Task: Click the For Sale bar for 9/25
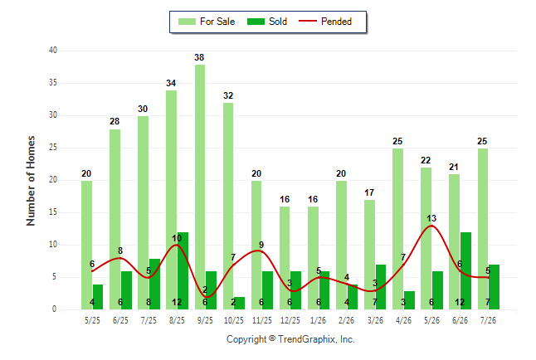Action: pos(200,187)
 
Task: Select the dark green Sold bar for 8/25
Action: pos(183,270)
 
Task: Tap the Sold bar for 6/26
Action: pos(465,270)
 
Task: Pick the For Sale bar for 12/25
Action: pos(285,258)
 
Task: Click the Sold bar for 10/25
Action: pos(239,304)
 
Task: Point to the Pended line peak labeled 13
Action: pos(431,226)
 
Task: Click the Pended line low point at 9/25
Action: pos(206,297)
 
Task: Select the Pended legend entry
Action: pos(325,22)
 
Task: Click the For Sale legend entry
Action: pos(207,22)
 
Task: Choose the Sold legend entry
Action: pos(267,22)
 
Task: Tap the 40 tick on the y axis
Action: pos(53,51)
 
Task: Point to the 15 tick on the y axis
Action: pos(53,212)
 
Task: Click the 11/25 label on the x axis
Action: pos(262,320)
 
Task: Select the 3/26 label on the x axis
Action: pos(375,320)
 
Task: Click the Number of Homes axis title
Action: pos(31,181)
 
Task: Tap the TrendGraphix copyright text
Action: pos(290,339)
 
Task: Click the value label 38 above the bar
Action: pos(199,57)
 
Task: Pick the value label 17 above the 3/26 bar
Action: pos(369,192)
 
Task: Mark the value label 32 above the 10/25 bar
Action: pos(228,95)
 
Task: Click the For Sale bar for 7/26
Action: pos(482,229)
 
